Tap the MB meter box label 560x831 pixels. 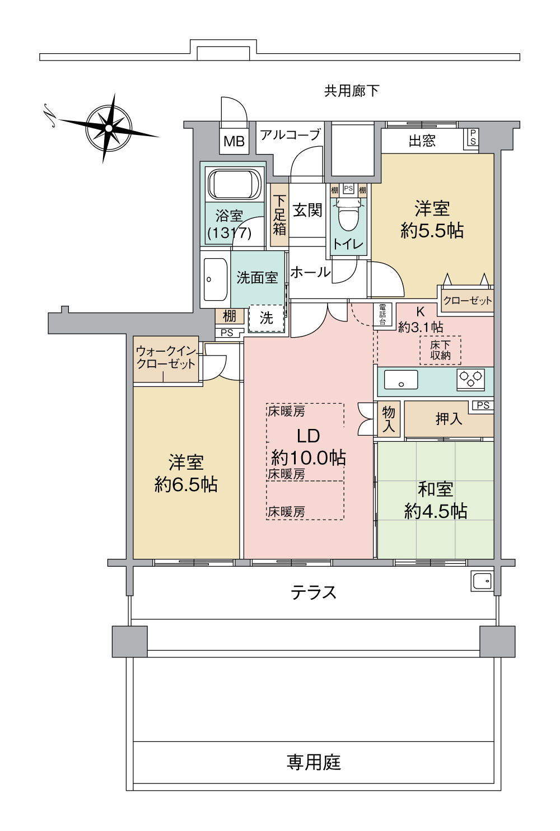click(234, 142)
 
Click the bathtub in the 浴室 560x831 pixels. click(234, 184)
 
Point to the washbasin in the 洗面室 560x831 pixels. click(214, 279)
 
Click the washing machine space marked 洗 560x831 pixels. click(267, 318)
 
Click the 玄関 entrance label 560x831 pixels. click(307, 211)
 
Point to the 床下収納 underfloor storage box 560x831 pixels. click(440, 350)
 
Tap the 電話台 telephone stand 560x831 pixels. click(382, 314)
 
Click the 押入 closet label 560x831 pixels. click(449, 418)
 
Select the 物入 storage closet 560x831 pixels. click(388, 419)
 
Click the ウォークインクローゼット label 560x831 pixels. click(166, 357)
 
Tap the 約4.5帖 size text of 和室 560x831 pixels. click(435, 511)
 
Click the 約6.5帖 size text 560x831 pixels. click(186, 484)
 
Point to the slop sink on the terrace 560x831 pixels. click(482, 582)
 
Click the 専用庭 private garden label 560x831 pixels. click(314, 762)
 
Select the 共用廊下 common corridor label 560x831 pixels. click(351, 91)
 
